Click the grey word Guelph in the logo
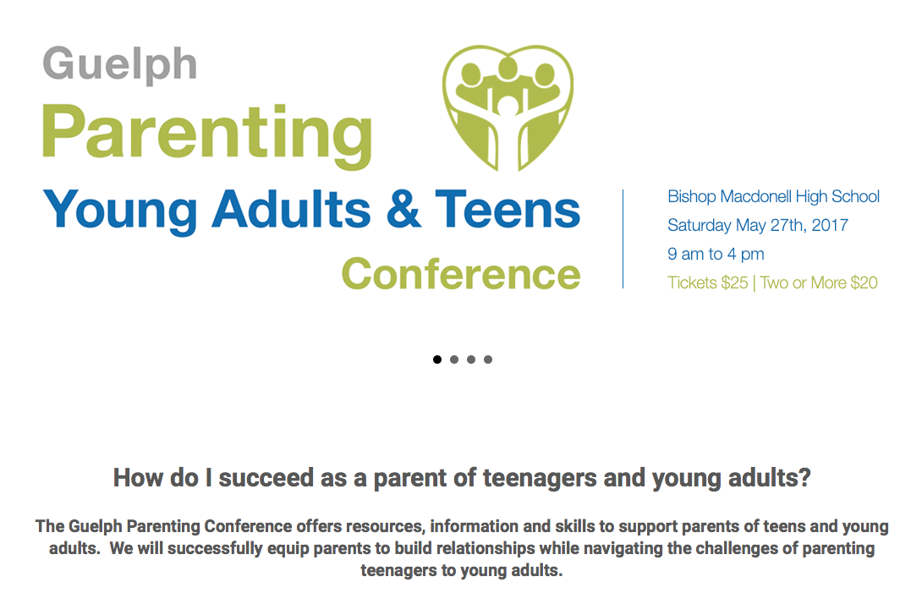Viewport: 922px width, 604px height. pos(119,65)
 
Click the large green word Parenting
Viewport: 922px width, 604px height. pos(207,135)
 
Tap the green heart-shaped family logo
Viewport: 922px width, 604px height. pos(508,107)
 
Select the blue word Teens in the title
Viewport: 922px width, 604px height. pos(508,209)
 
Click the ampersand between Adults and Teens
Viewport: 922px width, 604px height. pos(404,209)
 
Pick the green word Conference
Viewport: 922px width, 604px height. pos(461,274)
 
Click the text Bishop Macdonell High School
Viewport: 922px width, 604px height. pos(773,196)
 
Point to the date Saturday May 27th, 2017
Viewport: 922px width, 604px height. pos(757,225)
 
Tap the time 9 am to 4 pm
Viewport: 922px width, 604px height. pos(716,254)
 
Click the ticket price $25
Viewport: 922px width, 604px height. pos(735,283)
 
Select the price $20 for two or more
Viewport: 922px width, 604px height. pos(864,283)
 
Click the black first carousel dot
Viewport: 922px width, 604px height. pos(436,360)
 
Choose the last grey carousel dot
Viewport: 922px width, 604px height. pos(488,360)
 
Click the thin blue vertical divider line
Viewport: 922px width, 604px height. pos(623,239)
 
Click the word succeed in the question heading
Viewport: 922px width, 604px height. pos(266,478)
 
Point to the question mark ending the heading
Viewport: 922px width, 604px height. pos(805,478)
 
